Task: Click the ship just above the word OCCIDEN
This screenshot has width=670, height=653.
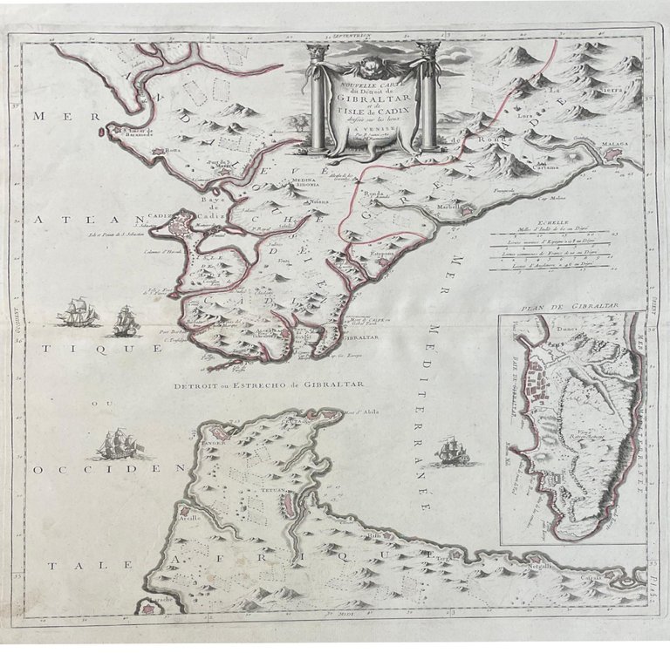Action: pos(119,446)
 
